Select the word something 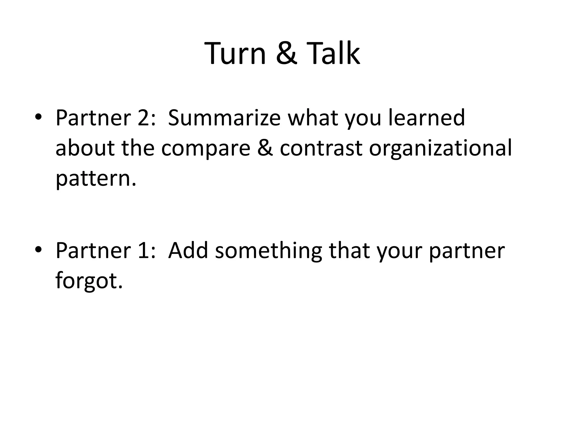pyautogui.click(x=268, y=251)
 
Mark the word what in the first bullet pyautogui.click(x=313, y=118)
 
